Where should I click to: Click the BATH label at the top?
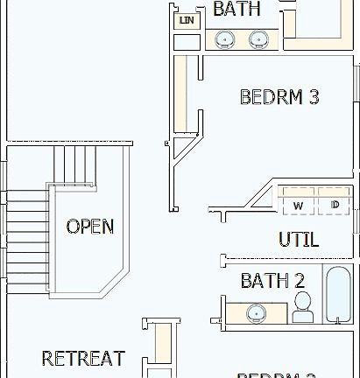point(236,9)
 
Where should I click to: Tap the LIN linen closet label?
point(186,20)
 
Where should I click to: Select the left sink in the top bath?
point(226,39)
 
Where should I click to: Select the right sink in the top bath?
point(258,39)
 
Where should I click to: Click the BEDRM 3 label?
point(279,97)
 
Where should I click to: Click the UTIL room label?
point(298,239)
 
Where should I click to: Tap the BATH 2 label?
point(272,281)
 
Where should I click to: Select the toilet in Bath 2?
point(303,307)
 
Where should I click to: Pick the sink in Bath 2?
point(257,311)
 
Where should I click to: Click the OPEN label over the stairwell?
point(90,227)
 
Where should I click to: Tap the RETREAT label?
point(83,358)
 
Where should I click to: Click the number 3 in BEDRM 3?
point(313,97)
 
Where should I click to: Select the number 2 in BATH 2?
point(299,281)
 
